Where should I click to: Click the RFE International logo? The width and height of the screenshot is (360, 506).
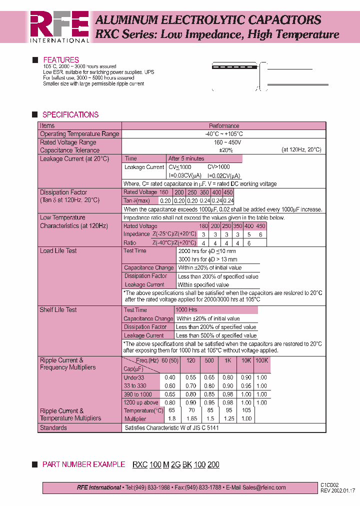[x=59, y=26]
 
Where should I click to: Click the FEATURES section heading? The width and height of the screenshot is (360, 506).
[x=60, y=60]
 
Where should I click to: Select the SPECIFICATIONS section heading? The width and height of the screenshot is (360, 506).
[x=70, y=114]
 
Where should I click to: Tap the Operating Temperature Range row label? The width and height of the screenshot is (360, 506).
[x=79, y=134]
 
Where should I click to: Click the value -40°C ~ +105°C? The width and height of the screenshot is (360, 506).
[x=223, y=134]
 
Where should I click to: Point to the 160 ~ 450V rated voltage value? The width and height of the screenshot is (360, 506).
[x=223, y=142]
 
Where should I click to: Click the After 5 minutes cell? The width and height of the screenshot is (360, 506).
[x=186, y=158]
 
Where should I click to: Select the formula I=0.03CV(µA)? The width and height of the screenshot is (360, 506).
[x=185, y=175]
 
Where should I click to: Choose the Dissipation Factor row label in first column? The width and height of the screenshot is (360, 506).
[x=63, y=192]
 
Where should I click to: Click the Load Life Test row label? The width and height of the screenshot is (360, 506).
[x=58, y=250]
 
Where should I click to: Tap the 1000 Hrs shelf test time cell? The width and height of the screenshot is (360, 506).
[x=186, y=310]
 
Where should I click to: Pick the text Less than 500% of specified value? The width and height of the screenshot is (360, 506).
[x=216, y=335]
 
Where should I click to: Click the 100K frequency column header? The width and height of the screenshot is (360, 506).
[x=261, y=360]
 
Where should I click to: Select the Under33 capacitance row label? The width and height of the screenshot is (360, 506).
[x=134, y=378]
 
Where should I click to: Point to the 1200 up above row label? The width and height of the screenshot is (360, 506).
[x=141, y=402]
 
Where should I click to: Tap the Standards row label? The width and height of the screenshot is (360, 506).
[x=53, y=428]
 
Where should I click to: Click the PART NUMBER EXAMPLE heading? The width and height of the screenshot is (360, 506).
[x=83, y=464]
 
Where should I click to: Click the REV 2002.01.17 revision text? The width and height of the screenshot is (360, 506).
[x=338, y=491]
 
